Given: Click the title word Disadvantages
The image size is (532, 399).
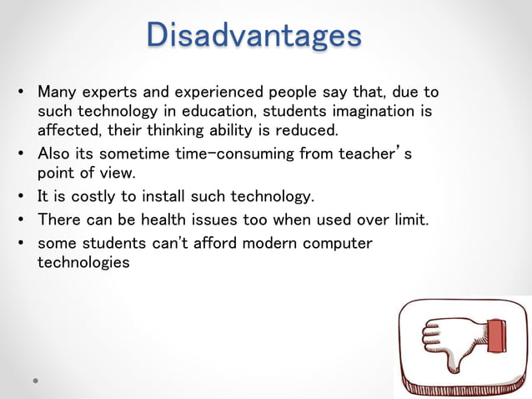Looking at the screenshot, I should tap(253, 35).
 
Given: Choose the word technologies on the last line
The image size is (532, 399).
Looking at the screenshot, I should tap(83, 262).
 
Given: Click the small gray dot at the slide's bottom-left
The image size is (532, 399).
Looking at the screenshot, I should tap(35, 380).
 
